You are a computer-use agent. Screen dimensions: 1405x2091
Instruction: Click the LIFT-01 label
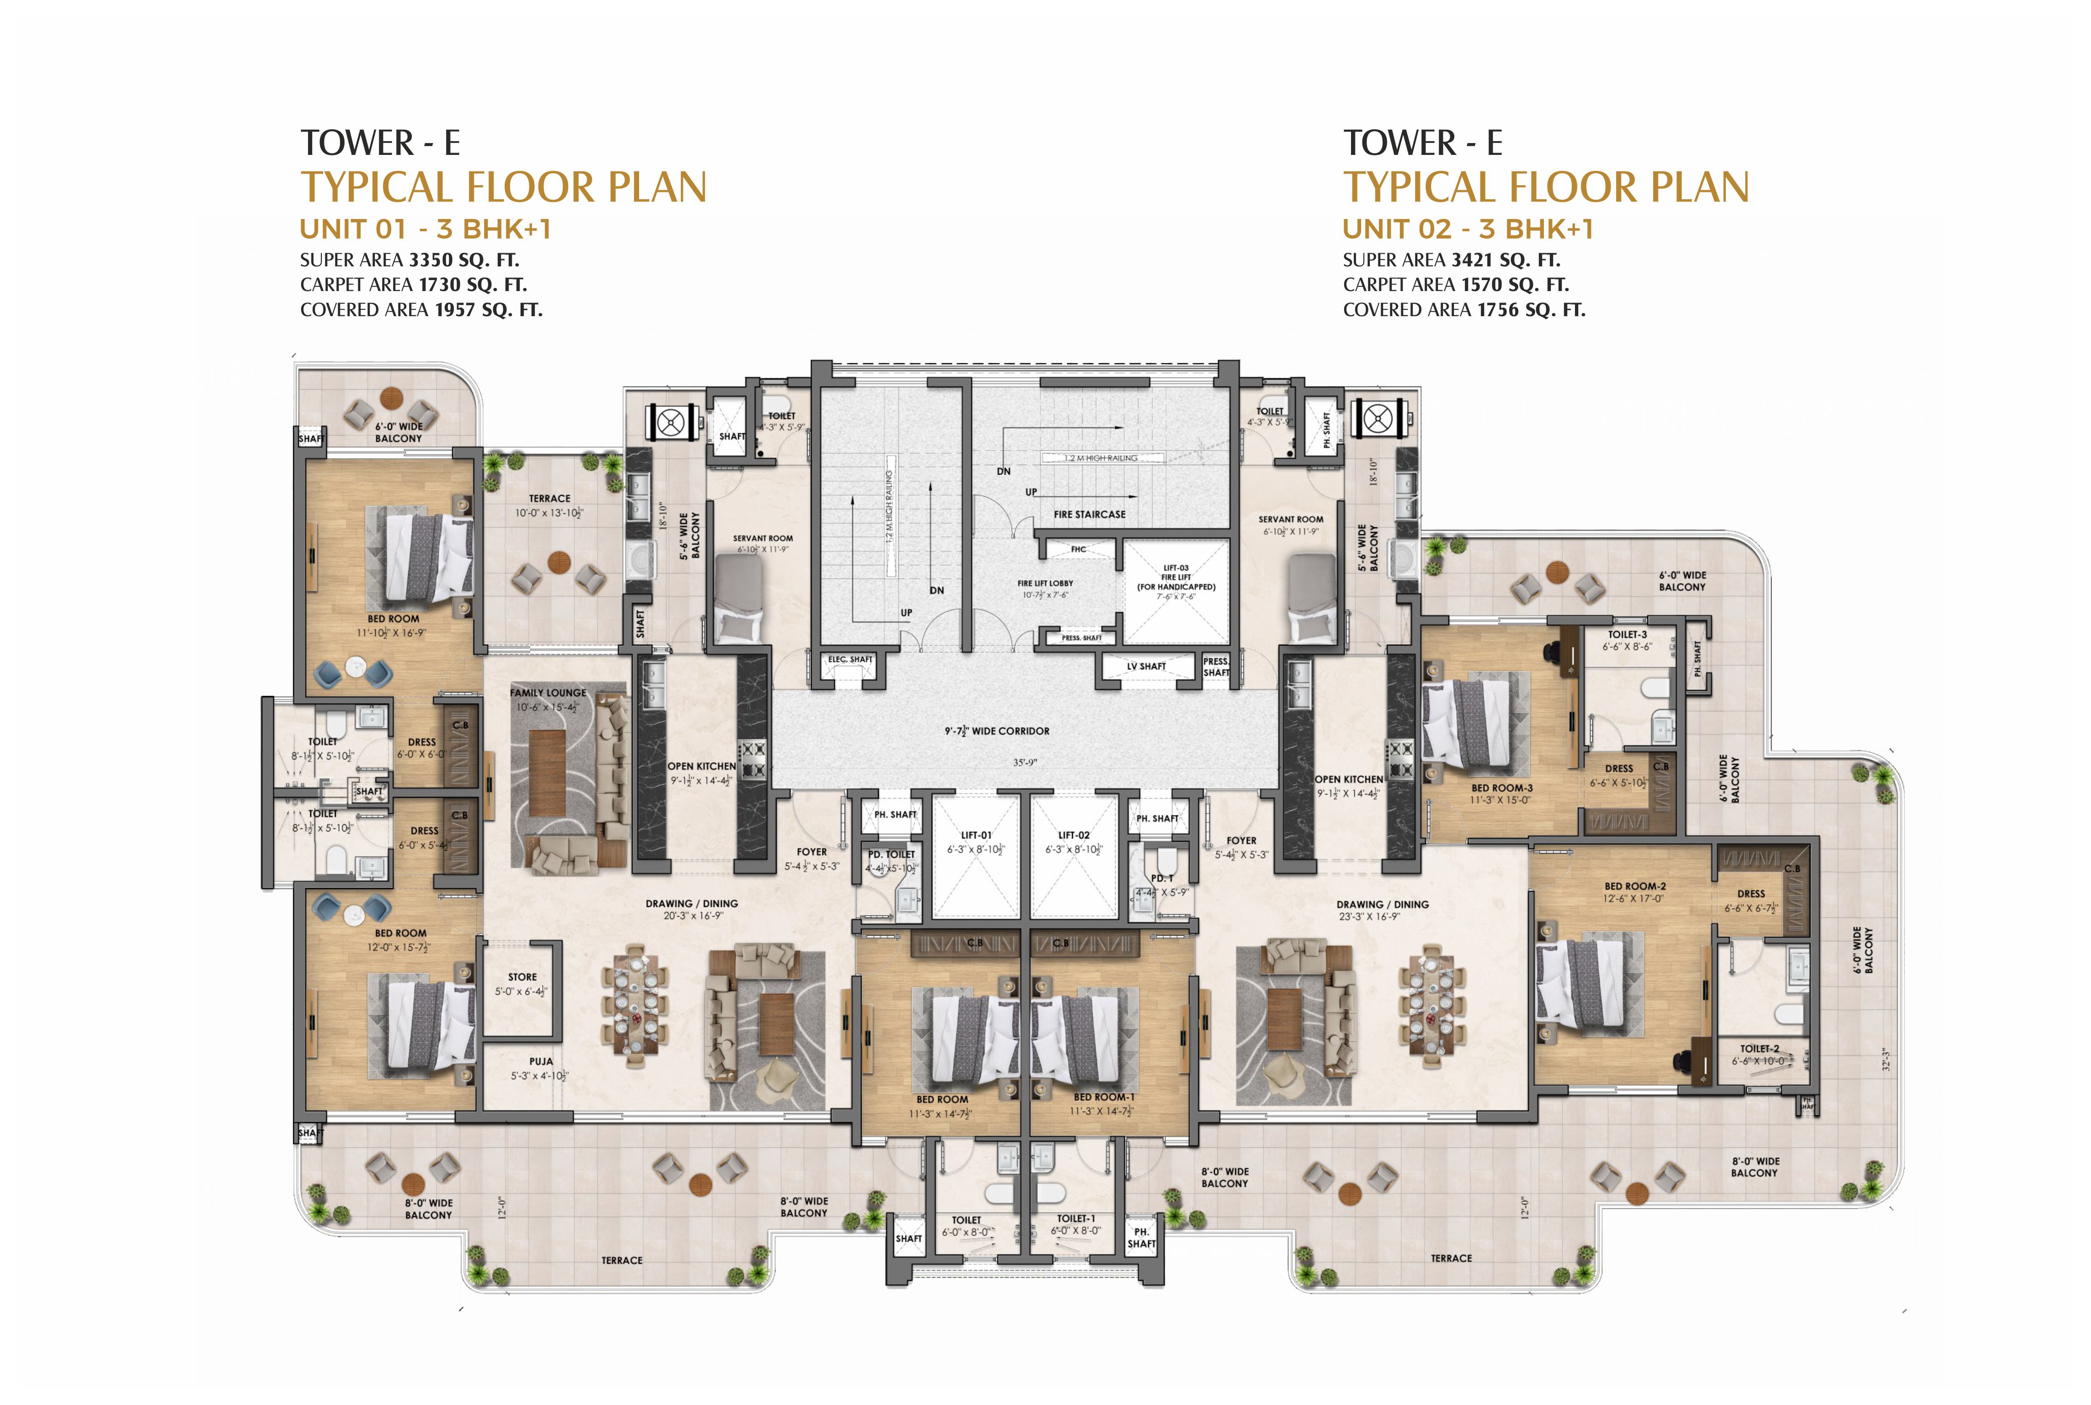(976, 834)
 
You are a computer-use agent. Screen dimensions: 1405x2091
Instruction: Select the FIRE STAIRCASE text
(1089, 514)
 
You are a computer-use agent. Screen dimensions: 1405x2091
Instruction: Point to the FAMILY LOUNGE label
(548, 693)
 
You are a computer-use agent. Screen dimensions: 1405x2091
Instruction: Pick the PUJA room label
(540, 1061)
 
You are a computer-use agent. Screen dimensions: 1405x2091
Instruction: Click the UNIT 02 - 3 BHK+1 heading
(1467, 229)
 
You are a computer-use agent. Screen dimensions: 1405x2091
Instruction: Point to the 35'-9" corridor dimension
(1024, 763)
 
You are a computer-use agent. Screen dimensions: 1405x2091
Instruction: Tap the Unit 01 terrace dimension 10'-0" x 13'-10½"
(548, 514)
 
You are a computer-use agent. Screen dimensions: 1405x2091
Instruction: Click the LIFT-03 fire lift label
(1176, 568)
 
